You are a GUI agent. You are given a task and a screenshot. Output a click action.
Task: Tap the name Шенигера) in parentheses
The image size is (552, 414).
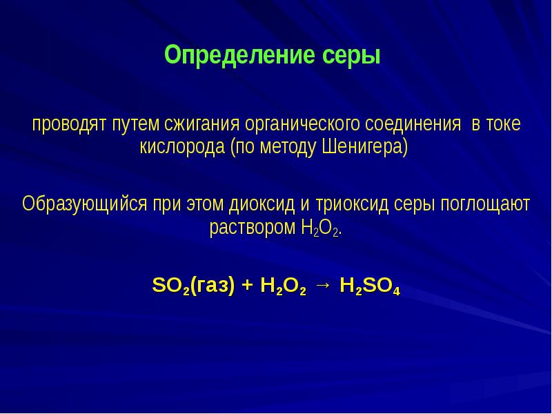366,148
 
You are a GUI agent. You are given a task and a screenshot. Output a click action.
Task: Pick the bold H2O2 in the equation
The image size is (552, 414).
283,286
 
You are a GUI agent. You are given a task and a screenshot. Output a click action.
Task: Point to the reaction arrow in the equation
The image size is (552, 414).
322,286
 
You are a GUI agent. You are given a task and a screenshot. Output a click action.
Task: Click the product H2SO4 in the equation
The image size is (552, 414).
371,286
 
